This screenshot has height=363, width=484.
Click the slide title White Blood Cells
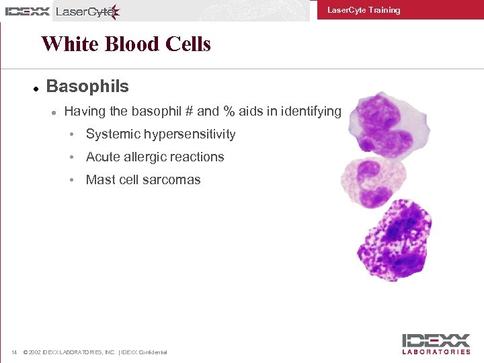coord(126,44)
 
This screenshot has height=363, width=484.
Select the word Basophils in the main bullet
coord(87,87)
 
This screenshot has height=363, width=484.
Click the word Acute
coord(103,157)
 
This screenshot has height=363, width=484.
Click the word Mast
coord(99,179)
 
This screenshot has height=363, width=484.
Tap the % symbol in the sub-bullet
coord(229,111)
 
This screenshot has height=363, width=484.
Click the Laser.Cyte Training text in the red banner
coord(363,10)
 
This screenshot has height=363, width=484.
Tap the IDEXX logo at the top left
coord(26,11)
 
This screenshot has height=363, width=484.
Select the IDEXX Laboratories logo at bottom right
coord(436,343)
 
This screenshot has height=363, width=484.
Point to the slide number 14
coord(14,352)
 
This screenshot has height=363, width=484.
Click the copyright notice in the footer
coord(95,352)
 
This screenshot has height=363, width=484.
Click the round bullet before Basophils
coord(34,88)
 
